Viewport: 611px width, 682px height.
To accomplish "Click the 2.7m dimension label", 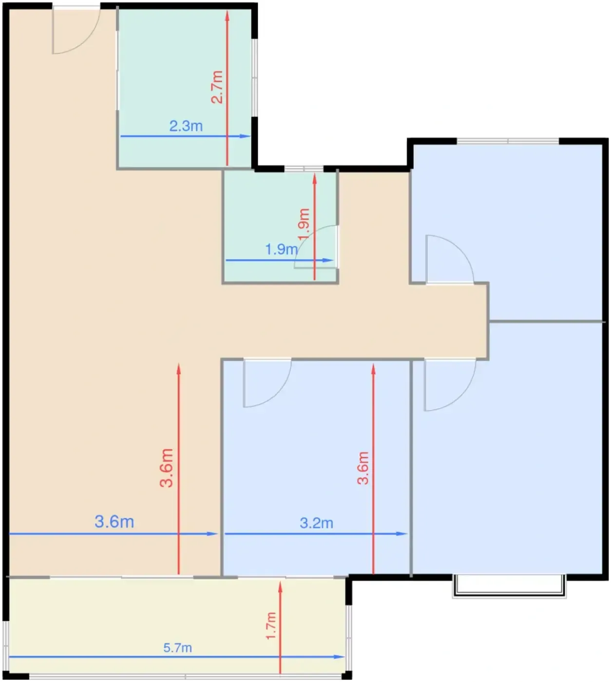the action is tap(217, 87).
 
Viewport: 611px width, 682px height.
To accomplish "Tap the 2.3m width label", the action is tap(186, 126).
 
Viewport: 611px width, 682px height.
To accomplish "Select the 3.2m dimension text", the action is tap(316, 523).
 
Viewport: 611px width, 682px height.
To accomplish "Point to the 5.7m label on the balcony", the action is tap(178, 648).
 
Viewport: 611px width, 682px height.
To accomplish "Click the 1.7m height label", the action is tap(271, 626).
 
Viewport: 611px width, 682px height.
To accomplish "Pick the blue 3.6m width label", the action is tap(115, 522).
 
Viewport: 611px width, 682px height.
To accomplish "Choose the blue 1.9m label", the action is tap(282, 249).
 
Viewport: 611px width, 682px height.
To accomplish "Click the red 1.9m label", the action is tap(304, 224).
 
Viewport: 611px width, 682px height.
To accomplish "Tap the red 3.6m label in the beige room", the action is tap(166, 468).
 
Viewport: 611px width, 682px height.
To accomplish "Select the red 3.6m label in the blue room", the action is tap(363, 468).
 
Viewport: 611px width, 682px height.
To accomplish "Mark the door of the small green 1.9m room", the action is tap(316, 246).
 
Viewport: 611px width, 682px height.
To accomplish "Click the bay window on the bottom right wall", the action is tap(509, 586).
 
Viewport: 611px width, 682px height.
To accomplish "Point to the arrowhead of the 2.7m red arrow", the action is tap(227, 15).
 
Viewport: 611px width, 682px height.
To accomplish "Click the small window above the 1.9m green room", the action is tap(304, 169).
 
